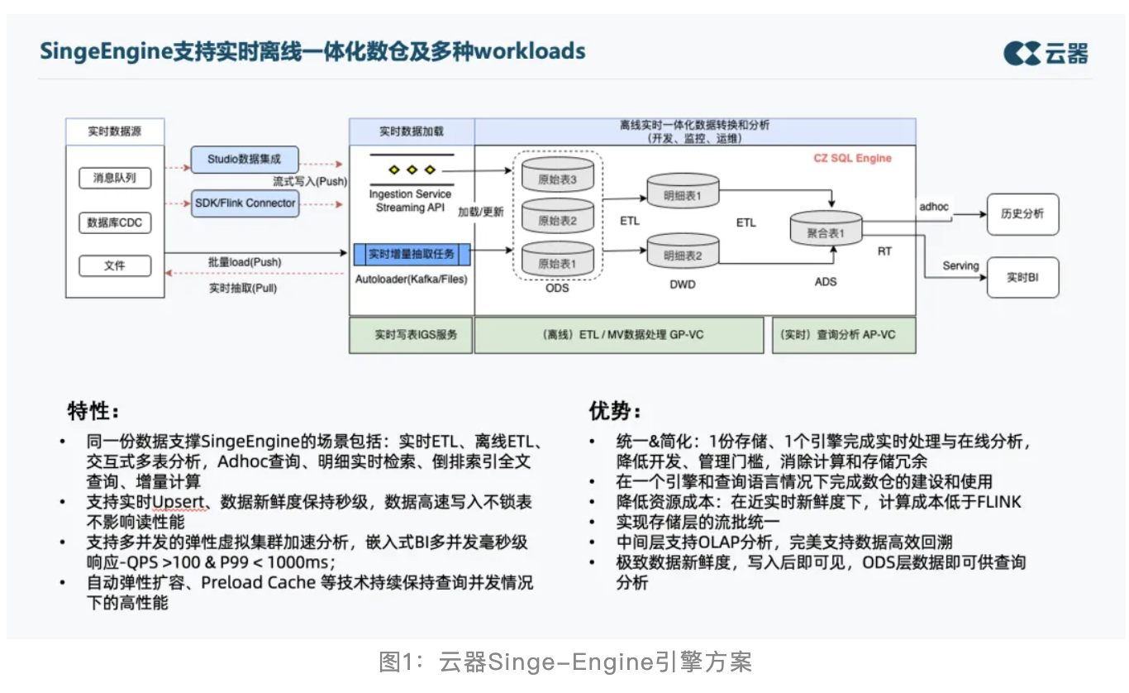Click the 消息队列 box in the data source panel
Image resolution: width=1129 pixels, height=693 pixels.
115,178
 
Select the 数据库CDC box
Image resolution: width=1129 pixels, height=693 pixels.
115,222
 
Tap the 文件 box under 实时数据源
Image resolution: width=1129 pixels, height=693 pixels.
115,266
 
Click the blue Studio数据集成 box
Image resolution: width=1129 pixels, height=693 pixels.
245,159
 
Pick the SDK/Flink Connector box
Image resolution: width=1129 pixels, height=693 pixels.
245,203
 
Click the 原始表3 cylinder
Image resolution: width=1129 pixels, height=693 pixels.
557,176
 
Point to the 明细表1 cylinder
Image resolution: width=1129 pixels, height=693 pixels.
683,193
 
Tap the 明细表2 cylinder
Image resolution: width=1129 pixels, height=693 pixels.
683,252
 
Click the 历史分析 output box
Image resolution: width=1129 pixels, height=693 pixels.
1022,213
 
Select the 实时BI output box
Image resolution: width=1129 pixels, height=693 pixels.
1022,278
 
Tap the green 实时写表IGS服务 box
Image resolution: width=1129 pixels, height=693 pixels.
412,335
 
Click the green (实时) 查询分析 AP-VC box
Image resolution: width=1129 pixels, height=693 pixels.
843,335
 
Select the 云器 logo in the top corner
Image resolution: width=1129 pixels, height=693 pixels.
1046,53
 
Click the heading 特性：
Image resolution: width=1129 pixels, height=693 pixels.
93,411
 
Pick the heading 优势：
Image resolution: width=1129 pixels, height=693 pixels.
615,411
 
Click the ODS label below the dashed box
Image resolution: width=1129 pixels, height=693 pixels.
557,288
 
